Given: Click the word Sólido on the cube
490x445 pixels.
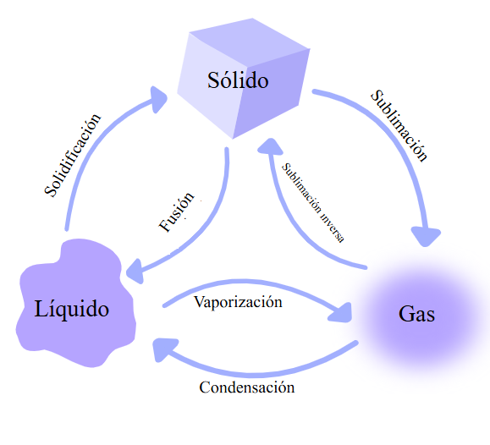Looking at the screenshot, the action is tap(238, 80).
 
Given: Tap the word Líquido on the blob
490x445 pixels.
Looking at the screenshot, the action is tap(72, 309).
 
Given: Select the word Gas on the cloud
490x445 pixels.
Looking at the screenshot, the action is tap(416, 313).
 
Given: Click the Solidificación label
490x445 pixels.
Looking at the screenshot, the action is tap(73, 156).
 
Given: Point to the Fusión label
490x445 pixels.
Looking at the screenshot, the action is tap(177, 212).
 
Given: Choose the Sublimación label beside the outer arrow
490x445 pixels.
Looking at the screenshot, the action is tap(399, 125).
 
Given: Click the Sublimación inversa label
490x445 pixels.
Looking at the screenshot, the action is tap(313, 202).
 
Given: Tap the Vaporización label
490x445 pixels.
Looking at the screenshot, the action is tap(238, 302).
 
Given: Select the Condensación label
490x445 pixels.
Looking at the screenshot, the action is tap(247, 387).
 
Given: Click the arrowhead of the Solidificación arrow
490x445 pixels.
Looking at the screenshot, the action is tap(157, 99).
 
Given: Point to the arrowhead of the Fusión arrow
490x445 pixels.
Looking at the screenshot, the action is tap(135, 272).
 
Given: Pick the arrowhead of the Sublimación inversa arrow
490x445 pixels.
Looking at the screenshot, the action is tap(270, 146).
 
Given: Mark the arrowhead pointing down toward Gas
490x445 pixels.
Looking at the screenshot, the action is tap(426, 236).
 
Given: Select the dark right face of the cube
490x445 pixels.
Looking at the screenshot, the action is tap(271, 94).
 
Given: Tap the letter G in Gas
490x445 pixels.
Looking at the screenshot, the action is tap(405, 313).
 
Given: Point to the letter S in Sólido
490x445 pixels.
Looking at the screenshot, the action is tap(213, 80).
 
